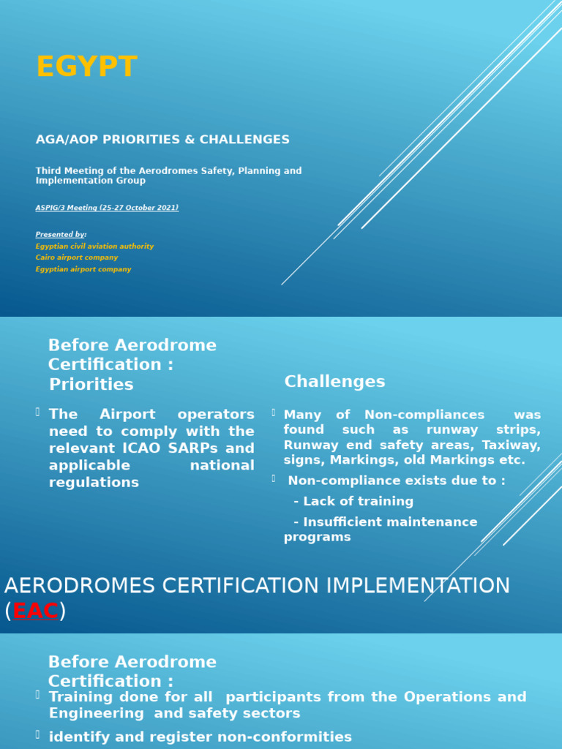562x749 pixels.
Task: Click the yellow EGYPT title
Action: (x=86, y=67)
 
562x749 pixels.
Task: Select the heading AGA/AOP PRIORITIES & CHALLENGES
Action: (x=162, y=140)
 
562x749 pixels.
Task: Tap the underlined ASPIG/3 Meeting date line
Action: (x=107, y=208)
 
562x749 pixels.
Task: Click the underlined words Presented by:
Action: (x=61, y=235)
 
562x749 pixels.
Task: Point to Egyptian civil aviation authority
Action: (x=94, y=246)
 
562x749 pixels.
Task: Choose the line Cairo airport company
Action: (x=76, y=257)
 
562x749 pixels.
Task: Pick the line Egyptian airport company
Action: (x=83, y=269)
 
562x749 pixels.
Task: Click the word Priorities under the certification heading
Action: (x=91, y=385)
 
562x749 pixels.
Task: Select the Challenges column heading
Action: (x=334, y=382)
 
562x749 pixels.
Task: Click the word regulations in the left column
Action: (x=94, y=483)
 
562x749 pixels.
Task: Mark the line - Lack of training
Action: (x=353, y=502)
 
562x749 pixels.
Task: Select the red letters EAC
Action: (x=35, y=611)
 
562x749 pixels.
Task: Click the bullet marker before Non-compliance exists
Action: (x=273, y=479)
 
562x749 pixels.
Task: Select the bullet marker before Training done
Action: (x=38, y=695)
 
